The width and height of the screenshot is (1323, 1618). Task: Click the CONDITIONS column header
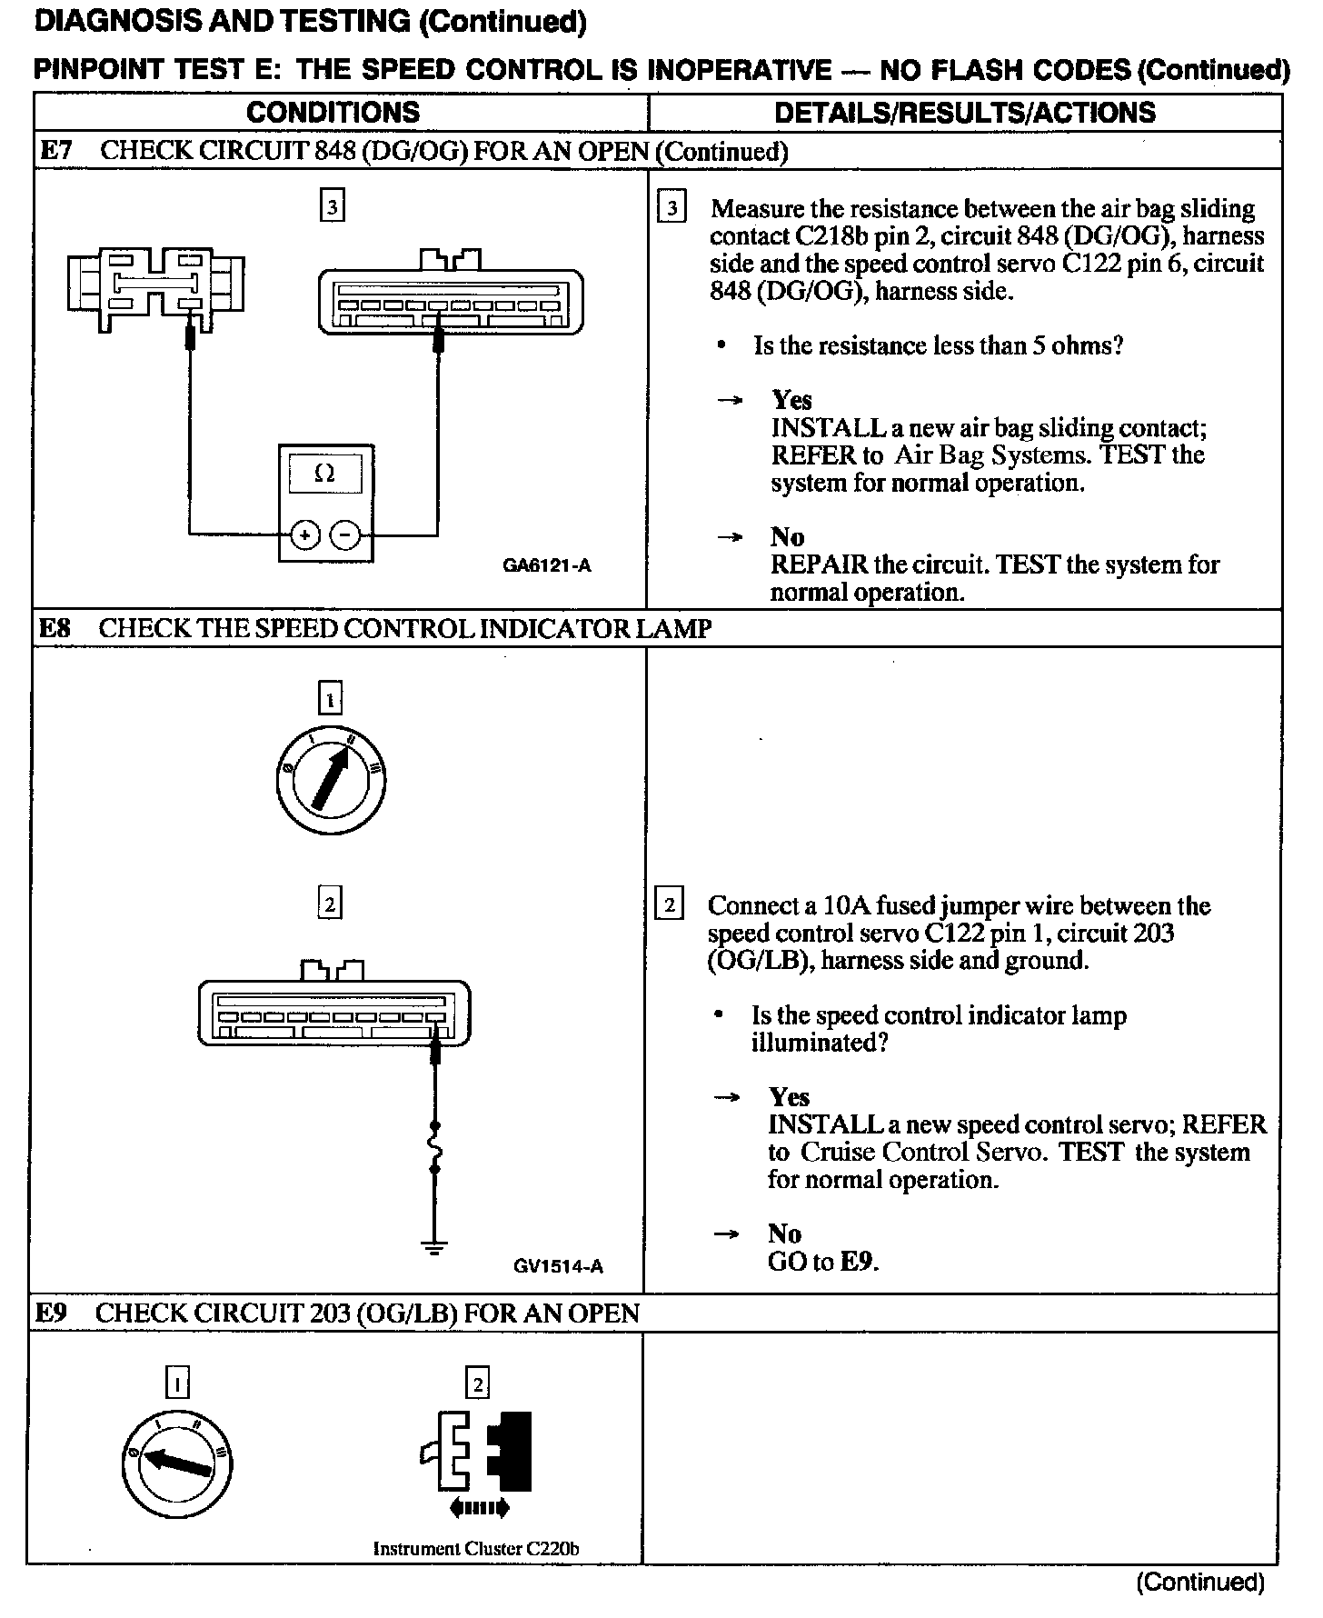coord(333,112)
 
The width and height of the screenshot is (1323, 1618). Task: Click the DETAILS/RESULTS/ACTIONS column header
coord(964,112)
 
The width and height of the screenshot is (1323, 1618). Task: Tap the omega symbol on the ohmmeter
coord(324,473)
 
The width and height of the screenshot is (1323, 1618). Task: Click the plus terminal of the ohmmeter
coord(304,535)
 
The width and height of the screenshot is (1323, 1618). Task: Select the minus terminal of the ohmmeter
coord(344,535)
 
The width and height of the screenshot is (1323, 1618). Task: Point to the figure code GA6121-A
coord(546,565)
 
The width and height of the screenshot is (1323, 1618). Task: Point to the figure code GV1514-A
coord(558,1265)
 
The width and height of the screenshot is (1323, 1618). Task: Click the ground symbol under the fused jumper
coord(435,1246)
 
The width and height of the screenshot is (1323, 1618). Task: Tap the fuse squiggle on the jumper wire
coord(436,1150)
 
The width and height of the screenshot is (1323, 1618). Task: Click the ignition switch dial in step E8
coord(330,780)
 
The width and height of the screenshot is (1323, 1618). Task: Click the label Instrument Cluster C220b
coord(476,1549)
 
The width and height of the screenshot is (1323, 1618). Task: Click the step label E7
coord(55,151)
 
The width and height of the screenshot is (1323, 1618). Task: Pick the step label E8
coord(55,628)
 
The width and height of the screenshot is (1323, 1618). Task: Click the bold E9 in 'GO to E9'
coord(859,1262)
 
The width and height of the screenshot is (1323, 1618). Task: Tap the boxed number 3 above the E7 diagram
coord(333,207)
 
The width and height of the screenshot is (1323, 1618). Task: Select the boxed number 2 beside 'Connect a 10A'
coord(670,905)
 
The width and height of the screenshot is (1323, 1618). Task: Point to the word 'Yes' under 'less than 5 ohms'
coord(791,400)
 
